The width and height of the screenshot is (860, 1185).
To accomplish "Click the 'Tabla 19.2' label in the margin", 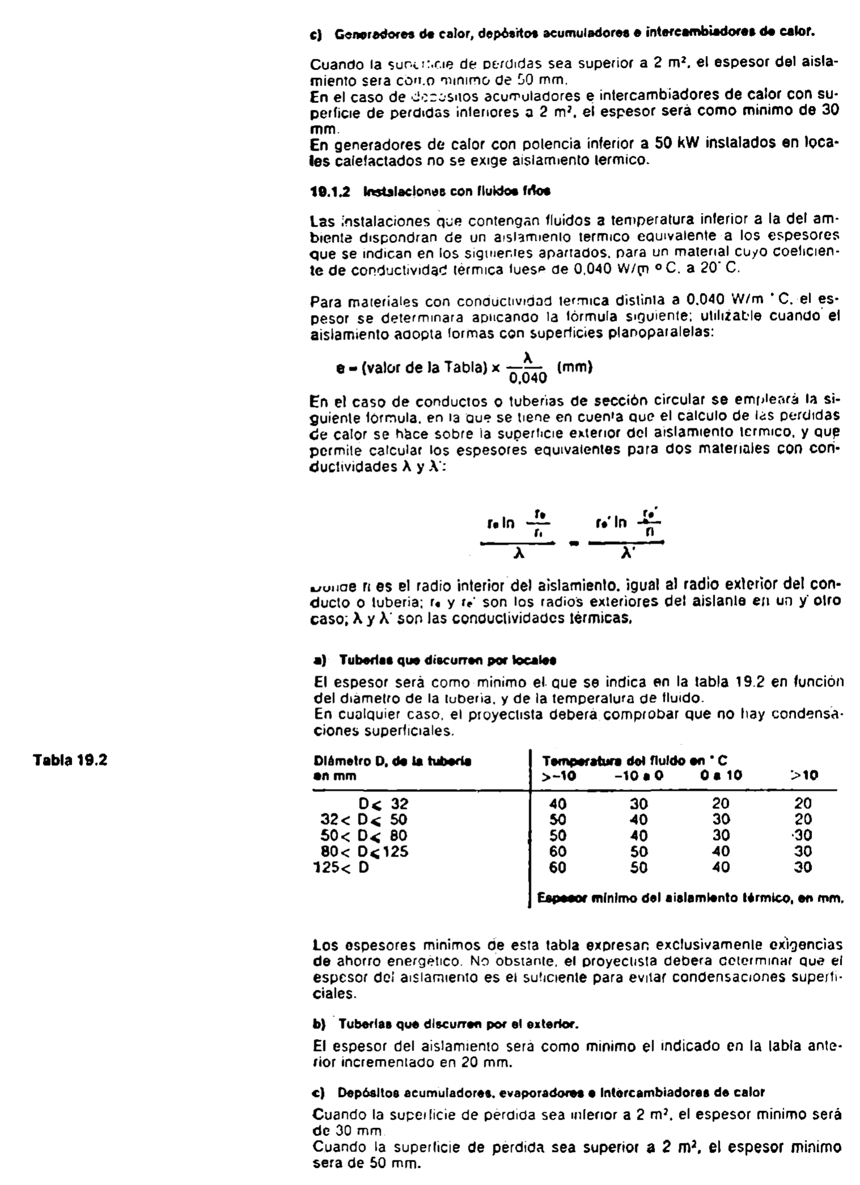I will pos(71,760).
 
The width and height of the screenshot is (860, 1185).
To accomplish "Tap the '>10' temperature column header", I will pos(804,776).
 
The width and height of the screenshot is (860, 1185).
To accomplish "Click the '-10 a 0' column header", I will pos(639,776).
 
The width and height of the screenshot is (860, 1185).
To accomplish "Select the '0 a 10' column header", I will pos(721,776).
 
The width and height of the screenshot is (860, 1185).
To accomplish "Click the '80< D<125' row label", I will pos(364,852).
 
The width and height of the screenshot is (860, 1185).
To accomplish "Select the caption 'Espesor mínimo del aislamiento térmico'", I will pos(690,899).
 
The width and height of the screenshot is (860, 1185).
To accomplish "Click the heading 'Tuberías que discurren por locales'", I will pos(447,660).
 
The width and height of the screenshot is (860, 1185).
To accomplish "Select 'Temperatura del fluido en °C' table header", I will pos(634,761).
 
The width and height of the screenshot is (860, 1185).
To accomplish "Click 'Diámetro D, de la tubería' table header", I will pos(393,761).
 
